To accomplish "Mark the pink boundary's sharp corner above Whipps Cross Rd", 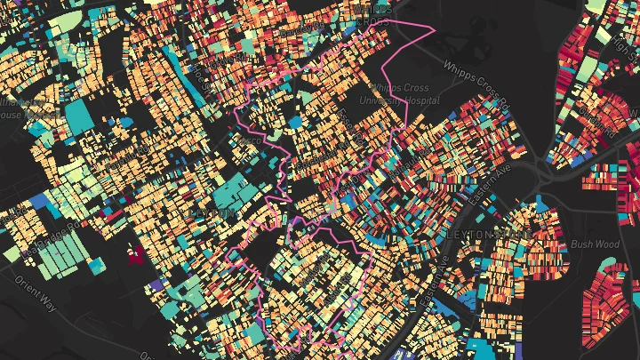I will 434,28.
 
